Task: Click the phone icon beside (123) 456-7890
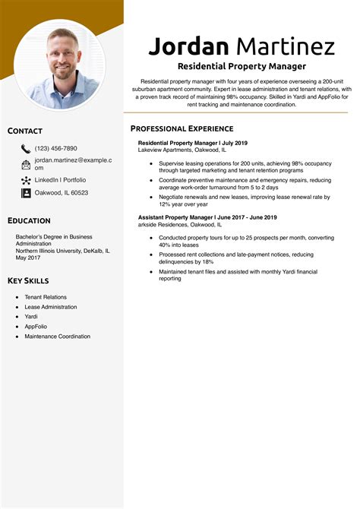tap(26, 149)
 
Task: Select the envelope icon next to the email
tap(26, 164)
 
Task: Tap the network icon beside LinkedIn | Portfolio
tap(26, 180)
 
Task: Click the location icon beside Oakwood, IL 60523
tap(26, 193)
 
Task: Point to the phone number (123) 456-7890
tap(55, 148)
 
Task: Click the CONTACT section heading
tap(25, 131)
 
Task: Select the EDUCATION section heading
tap(29, 220)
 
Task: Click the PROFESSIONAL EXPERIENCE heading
tap(182, 128)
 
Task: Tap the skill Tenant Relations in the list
tap(46, 297)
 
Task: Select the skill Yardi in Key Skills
tap(31, 317)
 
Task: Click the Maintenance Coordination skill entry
tap(57, 337)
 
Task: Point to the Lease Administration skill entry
tap(51, 307)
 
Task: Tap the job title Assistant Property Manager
tap(175, 218)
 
